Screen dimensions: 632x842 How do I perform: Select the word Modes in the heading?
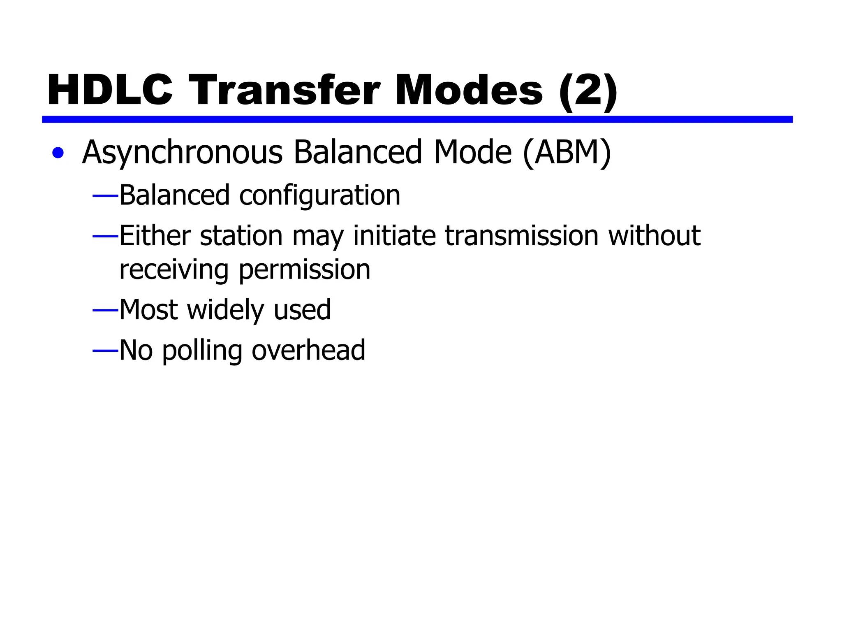(x=469, y=90)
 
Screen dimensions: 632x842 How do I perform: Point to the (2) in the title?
(x=588, y=91)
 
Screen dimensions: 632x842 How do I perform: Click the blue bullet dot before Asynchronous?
(x=58, y=153)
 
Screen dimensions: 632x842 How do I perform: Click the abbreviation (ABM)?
(x=567, y=153)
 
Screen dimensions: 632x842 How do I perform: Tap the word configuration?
(x=319, y=195)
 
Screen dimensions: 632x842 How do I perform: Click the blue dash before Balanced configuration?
(x=105, y=196)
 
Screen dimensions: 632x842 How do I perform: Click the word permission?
(x=305, y=270)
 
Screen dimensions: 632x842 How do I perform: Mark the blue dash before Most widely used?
(x=105, y=310)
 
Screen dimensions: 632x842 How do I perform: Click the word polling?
(x=202, y=351)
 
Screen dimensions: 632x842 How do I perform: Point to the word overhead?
(x=308, y=350)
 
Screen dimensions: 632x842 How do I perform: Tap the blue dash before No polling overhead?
(x=105, y=351)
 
